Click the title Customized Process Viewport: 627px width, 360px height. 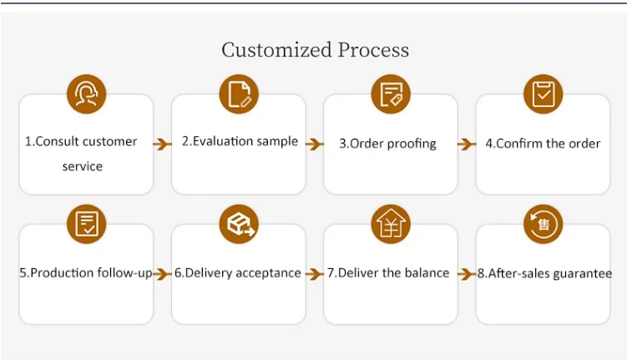[315, 50]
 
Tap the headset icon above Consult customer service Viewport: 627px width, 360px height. [87, 94]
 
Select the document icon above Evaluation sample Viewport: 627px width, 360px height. [239, 94]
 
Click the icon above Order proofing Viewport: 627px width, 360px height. [391, 94]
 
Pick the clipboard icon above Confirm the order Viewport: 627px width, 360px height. [543, 94]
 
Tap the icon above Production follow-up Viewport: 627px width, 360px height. [87, 224]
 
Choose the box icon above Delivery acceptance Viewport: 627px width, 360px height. [239, 224]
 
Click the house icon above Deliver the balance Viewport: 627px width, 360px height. [391, 224]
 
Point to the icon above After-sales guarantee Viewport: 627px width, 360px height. [543, 224]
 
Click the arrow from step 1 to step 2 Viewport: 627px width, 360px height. [162, 144]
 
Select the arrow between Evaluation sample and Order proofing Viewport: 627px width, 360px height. [314, 144]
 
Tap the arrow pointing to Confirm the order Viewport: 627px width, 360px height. [467, 144]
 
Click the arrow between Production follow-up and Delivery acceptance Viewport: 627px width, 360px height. [162, 273]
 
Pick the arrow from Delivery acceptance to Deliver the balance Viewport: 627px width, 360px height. [314, 273]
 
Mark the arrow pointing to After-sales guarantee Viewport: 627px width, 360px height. [467, 273]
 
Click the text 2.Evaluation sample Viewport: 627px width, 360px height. [240, 141]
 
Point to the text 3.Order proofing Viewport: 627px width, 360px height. [387, 143]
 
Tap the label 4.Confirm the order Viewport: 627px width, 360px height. [543, 143]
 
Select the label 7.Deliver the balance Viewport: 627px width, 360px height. [388, 272]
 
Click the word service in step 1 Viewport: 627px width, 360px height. [83, 166]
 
